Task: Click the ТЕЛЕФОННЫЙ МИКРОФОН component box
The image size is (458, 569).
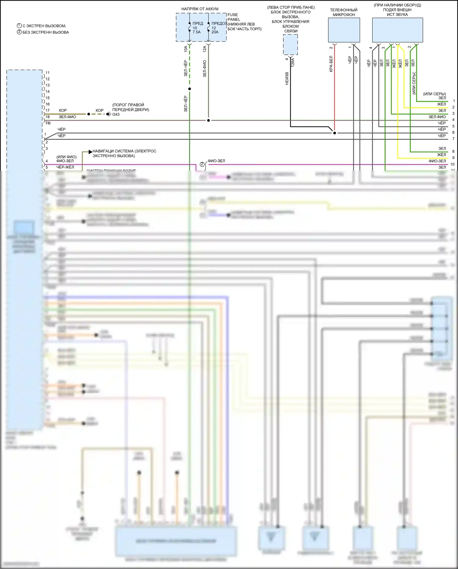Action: [x=344, y=30]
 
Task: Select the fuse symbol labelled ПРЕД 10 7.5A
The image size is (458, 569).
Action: [x=190, y=28]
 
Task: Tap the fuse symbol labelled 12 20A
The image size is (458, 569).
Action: [x=209, y=28]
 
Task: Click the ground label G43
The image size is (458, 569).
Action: [x=116, y=114]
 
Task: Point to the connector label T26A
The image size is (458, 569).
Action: [x=293, y=63]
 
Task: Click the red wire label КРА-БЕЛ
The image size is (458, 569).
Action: [x=331, y=64]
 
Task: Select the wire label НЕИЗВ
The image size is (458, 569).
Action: [x=287, y=79]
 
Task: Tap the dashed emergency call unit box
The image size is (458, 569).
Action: [x=290, y=44]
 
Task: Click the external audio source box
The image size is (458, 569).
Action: [x=397, y=30]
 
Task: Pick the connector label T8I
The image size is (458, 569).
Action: [x=48, y=123]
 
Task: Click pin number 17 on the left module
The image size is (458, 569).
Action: [x=48, y=110]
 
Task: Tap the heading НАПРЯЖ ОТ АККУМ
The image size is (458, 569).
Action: [x=200, y=9]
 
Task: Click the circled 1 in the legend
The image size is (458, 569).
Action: [x=19, y=26]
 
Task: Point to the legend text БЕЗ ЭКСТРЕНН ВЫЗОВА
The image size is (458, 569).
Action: [x=46, y=32]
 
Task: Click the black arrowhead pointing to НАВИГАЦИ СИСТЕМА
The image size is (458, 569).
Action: [x=90, y=152]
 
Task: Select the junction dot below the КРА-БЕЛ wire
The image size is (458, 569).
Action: [x=335, y=133]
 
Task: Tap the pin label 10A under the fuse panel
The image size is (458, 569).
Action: [x=186, y=49]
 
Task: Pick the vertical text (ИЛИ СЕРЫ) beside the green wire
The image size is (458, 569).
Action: [x=414, y=83]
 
